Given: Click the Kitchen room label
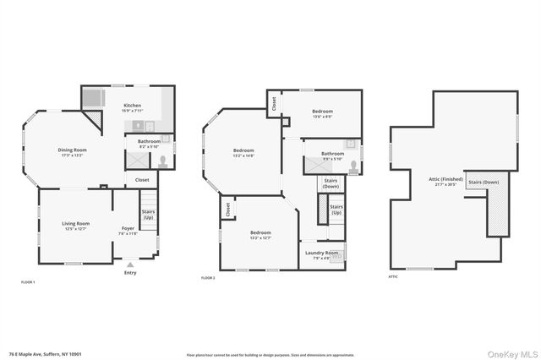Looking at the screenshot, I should coord(133,106).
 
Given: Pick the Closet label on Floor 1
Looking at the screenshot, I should coord(142,179).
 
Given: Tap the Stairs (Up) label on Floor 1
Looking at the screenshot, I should coord(148,215).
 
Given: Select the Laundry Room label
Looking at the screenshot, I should coord(321,253).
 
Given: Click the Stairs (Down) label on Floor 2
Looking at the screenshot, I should coord(328,183).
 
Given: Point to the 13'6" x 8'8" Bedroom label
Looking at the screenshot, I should coord(322,112).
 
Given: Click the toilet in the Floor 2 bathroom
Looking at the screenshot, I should coord(354,166).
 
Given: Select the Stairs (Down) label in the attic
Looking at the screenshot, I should coord(484,182).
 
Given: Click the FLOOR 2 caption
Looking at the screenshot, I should coord(208,278).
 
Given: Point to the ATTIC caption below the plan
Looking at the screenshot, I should coord(393,276).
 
